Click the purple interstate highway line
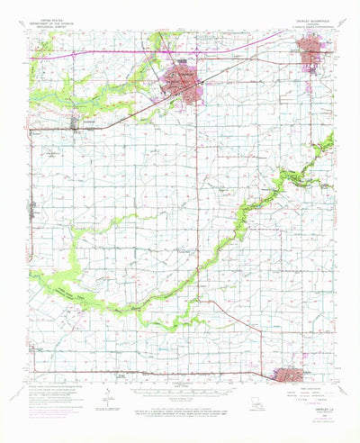[108, 59]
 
